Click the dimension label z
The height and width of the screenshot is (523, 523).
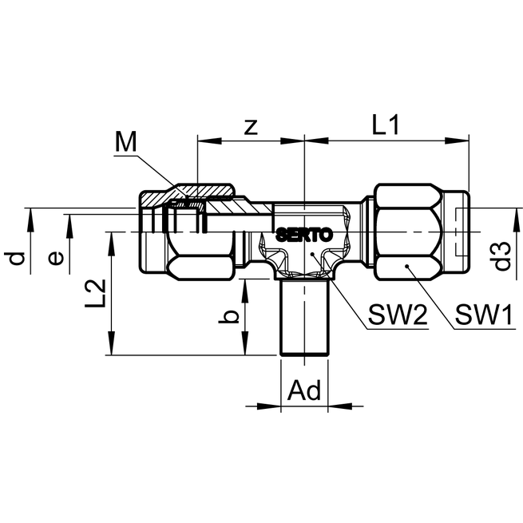[251, 128]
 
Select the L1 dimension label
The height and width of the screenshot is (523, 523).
[386, 125]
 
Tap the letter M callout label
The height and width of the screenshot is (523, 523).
[125, 141]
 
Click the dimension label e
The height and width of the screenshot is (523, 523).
[56, 259]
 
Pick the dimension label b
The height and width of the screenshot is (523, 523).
[229, 317]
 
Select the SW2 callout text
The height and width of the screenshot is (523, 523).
[398, 315]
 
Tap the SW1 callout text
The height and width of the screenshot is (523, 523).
[484, 315]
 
